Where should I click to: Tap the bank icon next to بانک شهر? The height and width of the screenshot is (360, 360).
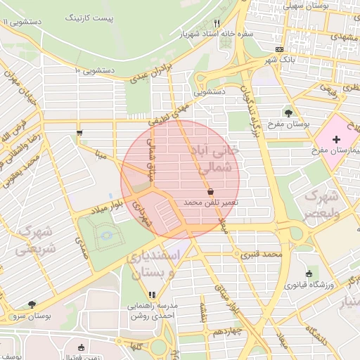[280, 49]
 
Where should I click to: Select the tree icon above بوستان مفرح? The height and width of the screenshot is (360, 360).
[289, 112]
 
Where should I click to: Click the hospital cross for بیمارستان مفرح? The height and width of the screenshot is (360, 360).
[336, 140]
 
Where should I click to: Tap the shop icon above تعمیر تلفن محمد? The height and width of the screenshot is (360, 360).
[210, 191]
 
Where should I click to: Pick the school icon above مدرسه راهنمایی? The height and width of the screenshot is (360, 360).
[152, 295]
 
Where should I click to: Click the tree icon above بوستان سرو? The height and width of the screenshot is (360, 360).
[32, 304]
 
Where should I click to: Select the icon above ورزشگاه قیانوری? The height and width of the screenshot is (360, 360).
[309, 274]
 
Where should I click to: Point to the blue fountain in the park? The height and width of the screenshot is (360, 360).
[106, 236]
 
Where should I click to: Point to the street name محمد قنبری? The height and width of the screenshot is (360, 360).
[262, 253]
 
